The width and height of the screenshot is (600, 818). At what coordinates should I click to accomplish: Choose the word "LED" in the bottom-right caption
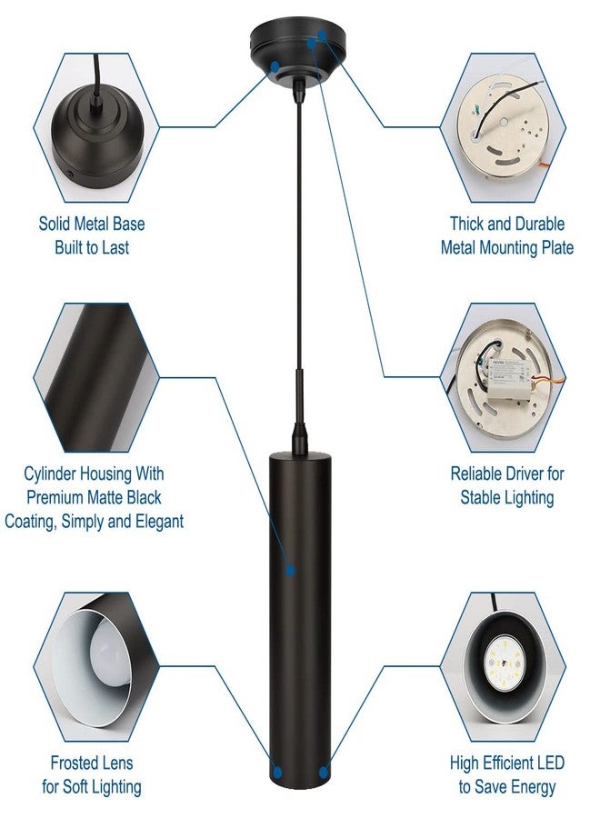point(550,763)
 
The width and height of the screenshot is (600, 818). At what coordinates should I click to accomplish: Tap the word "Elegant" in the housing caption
point(159,521)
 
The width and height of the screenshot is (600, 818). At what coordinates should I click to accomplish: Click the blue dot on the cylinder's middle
point(291,570)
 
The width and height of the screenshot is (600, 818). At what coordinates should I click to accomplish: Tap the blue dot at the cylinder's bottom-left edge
point(276,772)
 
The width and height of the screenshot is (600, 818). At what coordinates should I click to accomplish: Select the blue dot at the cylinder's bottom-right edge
point(324,772)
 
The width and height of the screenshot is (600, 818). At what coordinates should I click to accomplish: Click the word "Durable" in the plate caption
point(538,224)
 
